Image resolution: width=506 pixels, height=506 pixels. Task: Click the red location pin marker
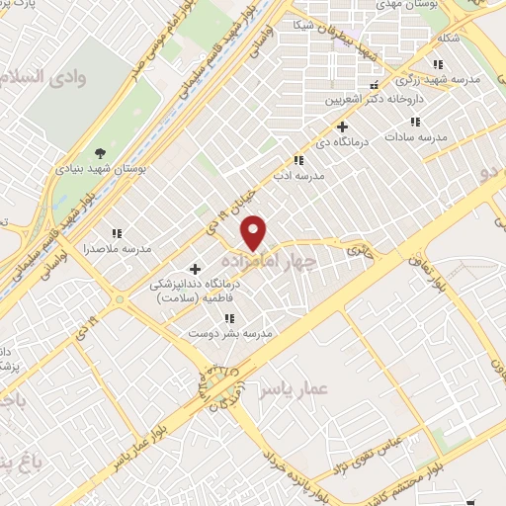tap(255, 231)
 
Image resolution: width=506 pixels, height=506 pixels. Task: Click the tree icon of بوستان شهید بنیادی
tap(100, 152)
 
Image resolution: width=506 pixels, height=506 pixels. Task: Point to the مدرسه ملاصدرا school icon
tap(116, 233)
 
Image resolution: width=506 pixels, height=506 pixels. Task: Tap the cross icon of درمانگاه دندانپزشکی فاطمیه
tap(195, 269)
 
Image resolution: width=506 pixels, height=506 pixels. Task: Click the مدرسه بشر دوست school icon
tap(229, 318)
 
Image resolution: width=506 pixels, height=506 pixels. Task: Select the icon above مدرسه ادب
tap(297, 160)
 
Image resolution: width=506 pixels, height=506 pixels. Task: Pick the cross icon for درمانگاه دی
tap(342, 126)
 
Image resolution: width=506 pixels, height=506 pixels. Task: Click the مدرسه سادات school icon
tap(414, 123)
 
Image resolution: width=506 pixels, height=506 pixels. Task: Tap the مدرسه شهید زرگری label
tap(435, 78)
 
